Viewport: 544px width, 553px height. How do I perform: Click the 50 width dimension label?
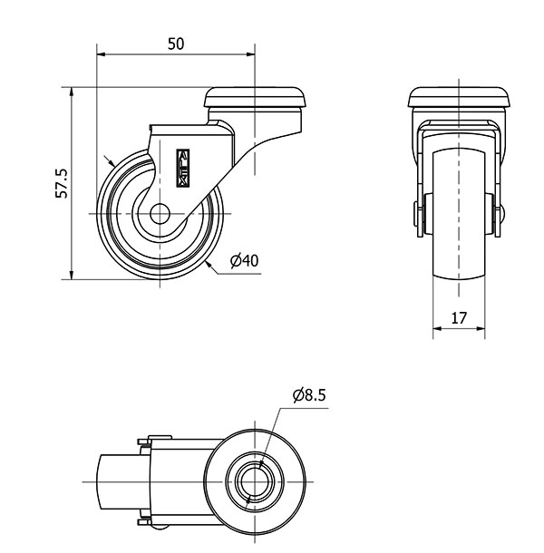(176, 44)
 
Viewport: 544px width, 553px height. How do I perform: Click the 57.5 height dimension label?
(62, 182)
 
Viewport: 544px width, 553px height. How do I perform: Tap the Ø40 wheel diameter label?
(245, 261)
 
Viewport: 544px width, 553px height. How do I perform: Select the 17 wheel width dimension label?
(459, 318)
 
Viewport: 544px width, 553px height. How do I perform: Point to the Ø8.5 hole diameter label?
(308, 395)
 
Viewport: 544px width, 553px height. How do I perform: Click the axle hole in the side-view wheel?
(160, 215)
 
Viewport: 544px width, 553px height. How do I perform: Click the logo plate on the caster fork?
(182, 167)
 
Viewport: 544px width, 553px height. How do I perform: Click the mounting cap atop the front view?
(459, 96)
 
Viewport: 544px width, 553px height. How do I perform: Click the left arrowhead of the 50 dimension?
(101, 54)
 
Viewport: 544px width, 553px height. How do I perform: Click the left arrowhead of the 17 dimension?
(436, 331)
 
